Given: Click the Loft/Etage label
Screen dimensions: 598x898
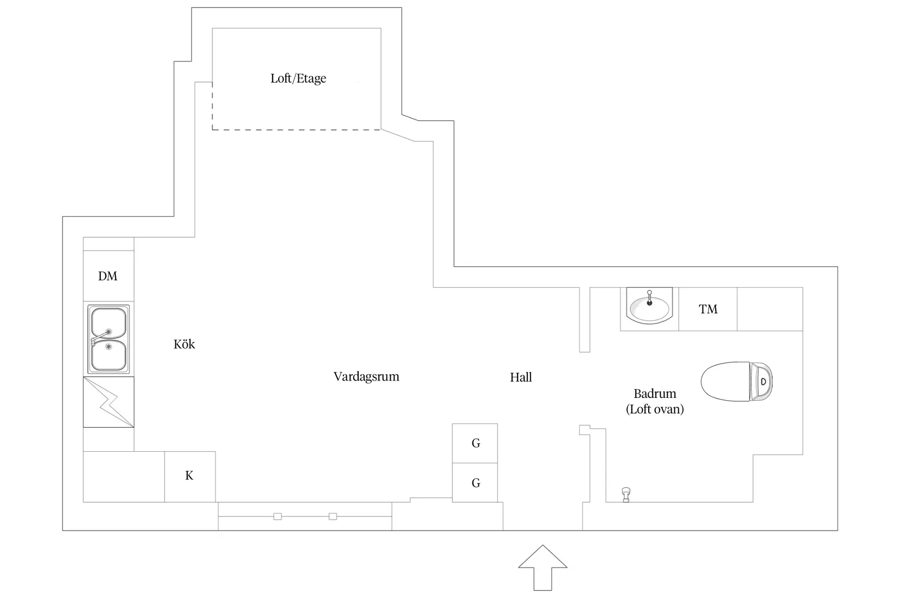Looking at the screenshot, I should [298, 78].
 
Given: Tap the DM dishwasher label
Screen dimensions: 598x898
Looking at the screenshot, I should [108, 276].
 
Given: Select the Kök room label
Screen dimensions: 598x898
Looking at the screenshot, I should [184, 344].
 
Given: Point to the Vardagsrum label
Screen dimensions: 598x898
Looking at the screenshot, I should [366, 376].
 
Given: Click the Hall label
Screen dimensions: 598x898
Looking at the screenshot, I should [521, 377].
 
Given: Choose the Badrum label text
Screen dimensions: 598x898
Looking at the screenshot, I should [655, 394].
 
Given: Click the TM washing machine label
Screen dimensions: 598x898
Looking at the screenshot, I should [708, 309].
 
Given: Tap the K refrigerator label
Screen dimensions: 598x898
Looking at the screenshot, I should [189, 476].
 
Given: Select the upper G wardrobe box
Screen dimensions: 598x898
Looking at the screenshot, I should [475, 443].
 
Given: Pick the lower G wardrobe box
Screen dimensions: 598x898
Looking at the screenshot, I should [475, 483].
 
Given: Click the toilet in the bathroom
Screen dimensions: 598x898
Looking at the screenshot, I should [736, 381].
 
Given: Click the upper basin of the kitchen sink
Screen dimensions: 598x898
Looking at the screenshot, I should [109, 322].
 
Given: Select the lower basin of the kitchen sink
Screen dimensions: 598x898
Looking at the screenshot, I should [109, 354].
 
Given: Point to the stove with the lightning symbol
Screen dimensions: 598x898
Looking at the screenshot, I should [108, 402].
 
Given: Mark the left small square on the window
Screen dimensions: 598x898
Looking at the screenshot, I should [278, 516].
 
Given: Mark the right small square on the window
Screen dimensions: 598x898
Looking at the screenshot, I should [333, 516].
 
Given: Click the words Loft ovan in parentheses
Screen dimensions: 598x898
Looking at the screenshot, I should [655, 409].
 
